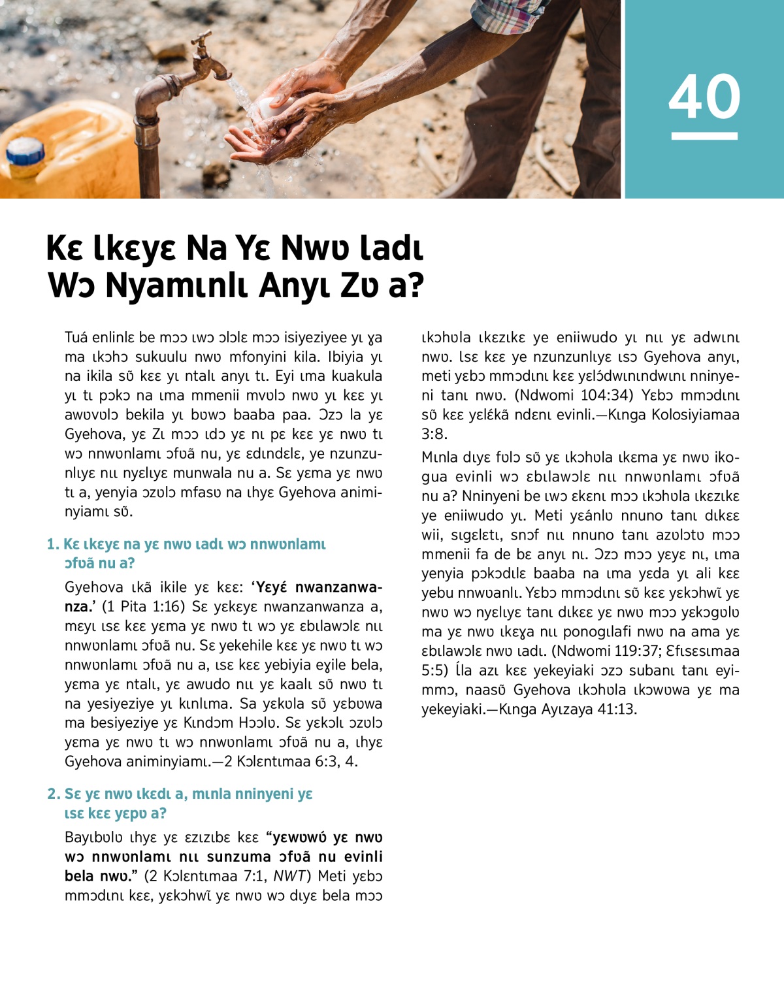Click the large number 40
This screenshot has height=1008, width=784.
pyautogui.click(x=704, y=96)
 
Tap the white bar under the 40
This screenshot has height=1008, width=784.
pyautogui.click(x=704, y=136)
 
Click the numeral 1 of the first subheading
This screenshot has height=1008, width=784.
pyautogui.click(x=52, y=544)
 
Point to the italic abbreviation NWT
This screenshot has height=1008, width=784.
pyautogui.click(x=289, y=876)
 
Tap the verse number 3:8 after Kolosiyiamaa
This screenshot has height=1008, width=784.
pyautogui.click(x=434, y=434)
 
